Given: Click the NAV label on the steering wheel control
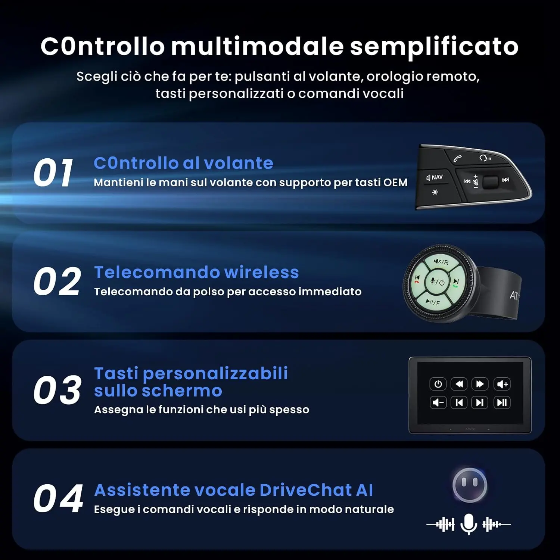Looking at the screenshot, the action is tap(435, 177).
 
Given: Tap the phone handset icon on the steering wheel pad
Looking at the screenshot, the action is tap(457, 159).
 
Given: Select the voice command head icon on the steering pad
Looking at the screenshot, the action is tap(485, 158).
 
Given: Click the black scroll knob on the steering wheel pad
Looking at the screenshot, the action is tap(491, 182).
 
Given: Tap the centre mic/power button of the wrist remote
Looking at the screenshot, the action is tap(437, 282).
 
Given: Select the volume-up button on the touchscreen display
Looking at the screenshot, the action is tap(502, 384).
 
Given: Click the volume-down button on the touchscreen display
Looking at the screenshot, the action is tap(438, 402).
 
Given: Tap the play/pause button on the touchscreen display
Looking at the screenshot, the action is tap(502, 402).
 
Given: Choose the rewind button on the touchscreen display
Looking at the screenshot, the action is tap(459, 384).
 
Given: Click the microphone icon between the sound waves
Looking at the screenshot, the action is tap(469, 524).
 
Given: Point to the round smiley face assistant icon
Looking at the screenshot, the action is tap(470, 485).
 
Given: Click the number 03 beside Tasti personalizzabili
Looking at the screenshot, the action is tap(57, 390).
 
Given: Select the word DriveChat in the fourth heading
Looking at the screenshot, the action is tap(306, 490).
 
